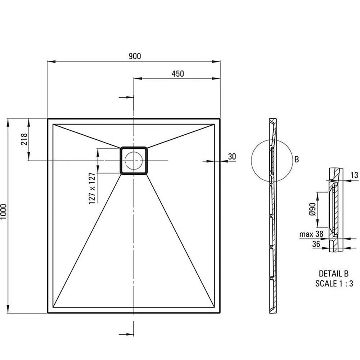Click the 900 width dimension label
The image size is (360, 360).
coord(135,56)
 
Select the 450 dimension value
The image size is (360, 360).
coord(178,74)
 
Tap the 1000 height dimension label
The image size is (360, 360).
coord(4,211)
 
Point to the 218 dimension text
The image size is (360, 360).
coord(24,139)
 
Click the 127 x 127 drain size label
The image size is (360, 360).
coord(92,189)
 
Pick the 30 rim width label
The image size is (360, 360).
coord(232,156)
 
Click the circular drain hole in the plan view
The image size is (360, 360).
coord(134,161)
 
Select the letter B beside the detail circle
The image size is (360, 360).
coord(296,159)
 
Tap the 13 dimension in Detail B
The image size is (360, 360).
coord(355,175)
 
